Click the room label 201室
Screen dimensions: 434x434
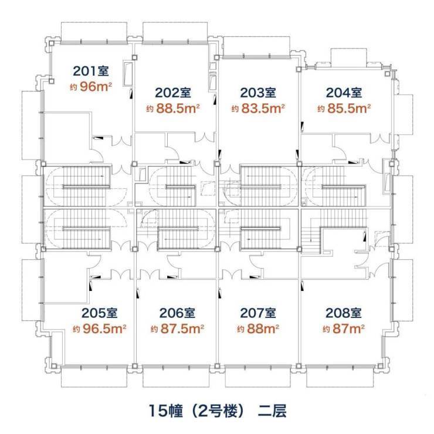[x=91, y=71]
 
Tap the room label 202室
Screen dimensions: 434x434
[x=173, y=93]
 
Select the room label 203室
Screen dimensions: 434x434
[x=258, y=93]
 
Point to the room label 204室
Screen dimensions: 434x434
[x=344, y=93]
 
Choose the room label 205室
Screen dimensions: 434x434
[x=99, y=313]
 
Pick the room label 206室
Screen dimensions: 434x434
[x=177, y=313]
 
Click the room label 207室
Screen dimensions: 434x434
[x=258, y=313]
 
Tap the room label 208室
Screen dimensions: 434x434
[x=344, y=313]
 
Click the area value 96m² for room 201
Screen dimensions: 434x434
[x=96, y=87]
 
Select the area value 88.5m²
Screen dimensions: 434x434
[x=178, y=108]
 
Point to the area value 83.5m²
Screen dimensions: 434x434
[x=263, y=108]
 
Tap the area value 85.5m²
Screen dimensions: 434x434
[x=349, y=108]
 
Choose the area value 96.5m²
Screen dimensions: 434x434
[x=104, y=329]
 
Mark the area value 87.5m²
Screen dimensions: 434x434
[x=182, y=329]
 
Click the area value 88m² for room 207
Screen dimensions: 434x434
[x=263, y=329]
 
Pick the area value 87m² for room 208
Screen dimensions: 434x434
[x=348, y=329]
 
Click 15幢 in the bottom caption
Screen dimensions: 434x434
[x=166, y=411]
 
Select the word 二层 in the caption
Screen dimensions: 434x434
[x=272, y=411]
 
